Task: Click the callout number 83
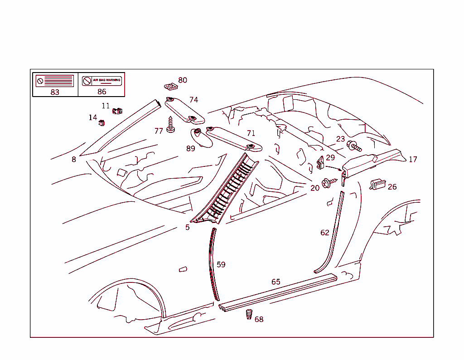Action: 55,92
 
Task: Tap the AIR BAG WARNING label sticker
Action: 102,81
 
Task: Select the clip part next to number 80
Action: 169,86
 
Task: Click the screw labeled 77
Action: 171,125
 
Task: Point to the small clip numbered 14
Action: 102,122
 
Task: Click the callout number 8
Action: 74,160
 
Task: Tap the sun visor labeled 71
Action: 233,139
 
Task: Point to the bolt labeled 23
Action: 353,146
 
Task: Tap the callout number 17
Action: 413,160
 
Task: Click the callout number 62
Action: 325,233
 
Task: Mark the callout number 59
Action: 221,264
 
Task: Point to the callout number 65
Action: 276,282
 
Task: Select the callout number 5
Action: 187,227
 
